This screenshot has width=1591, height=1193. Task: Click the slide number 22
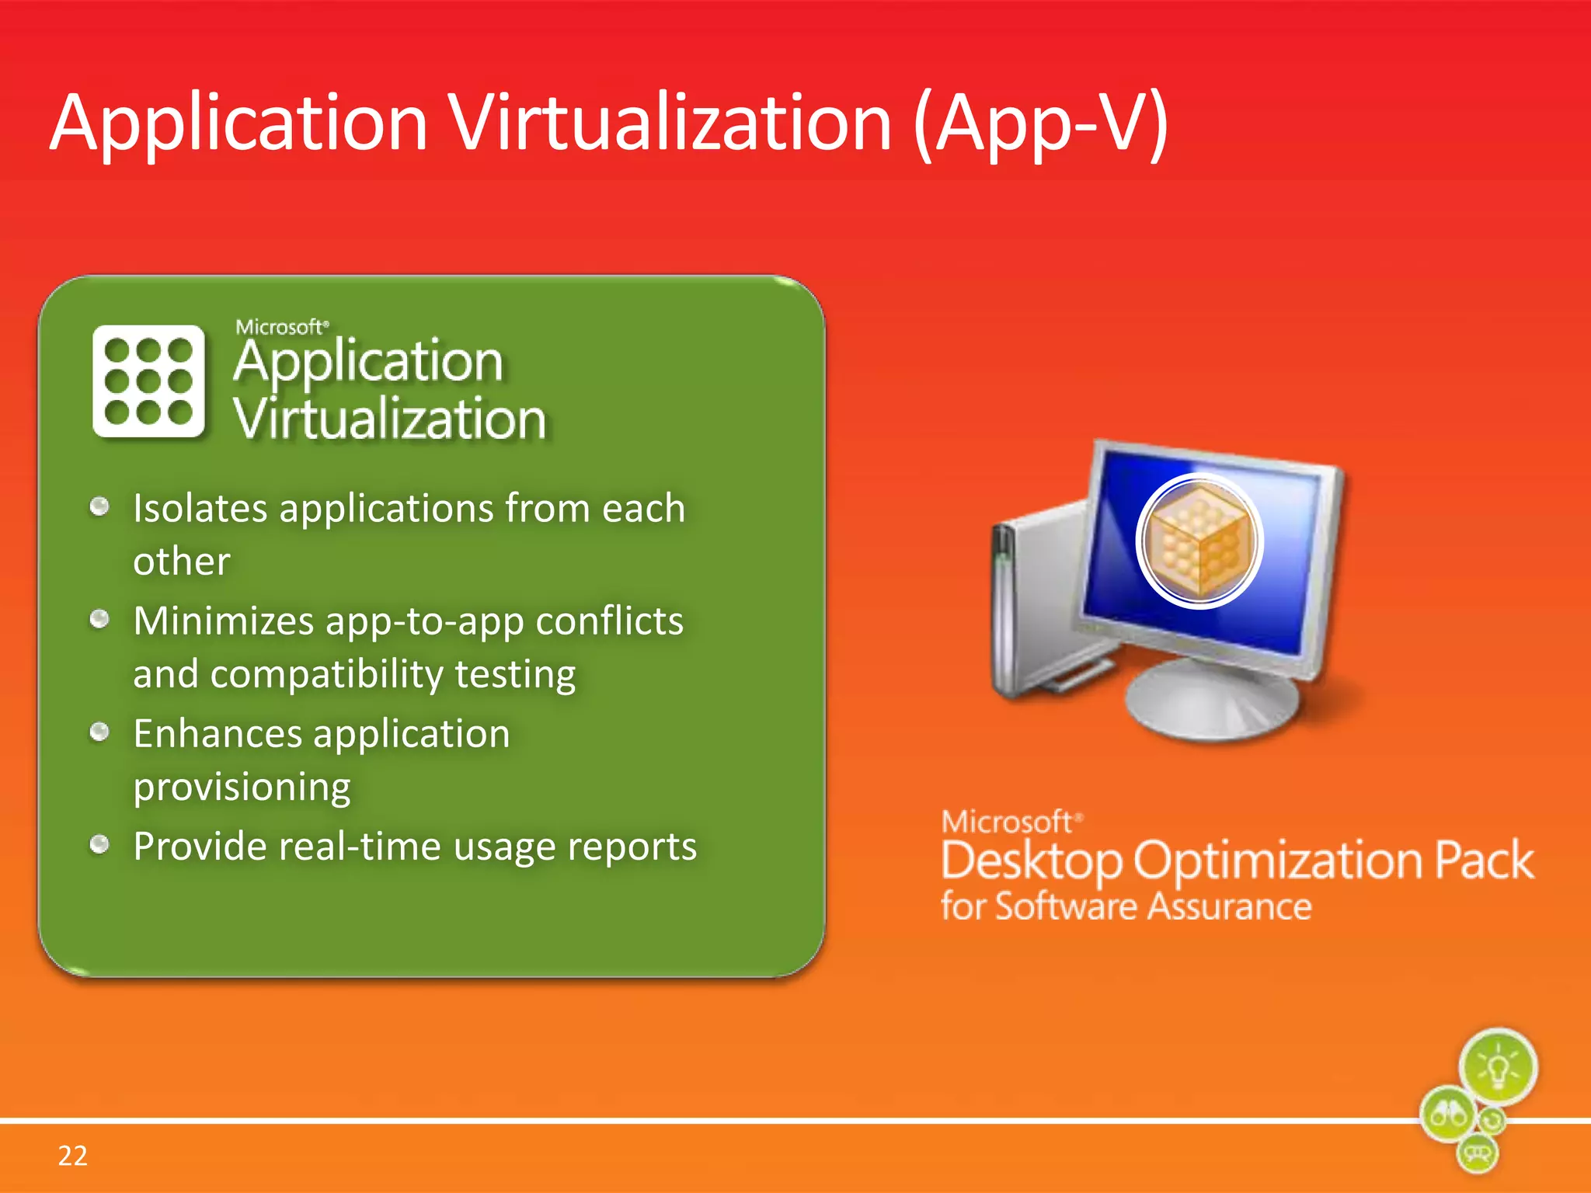[x=72, y=1156]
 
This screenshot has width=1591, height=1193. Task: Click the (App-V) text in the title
[x=1041, y=124]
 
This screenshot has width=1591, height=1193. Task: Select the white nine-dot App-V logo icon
[x=148, y=381]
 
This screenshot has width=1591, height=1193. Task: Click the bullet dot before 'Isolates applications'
[x=99, y=507]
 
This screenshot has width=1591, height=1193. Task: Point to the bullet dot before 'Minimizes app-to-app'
[x=99, y=620]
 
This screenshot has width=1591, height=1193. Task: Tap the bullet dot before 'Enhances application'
[x=99, y=732]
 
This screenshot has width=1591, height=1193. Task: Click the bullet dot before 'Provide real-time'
[x=99, y=844]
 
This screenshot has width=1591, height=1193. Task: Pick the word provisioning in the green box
[x=242, y=788]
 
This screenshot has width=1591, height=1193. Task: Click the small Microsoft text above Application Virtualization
[x=281, y=327]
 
